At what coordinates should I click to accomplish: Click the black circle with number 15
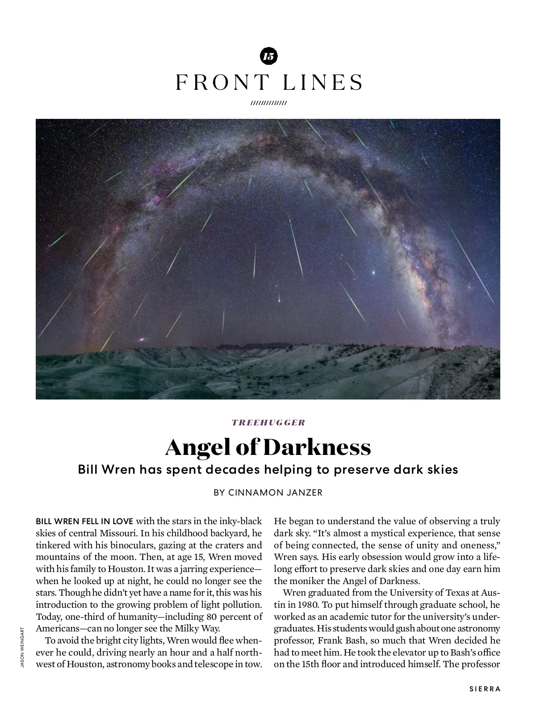(268, 56)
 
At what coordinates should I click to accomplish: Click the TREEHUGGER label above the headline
(268, 422)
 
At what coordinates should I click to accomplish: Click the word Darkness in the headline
(317, 447)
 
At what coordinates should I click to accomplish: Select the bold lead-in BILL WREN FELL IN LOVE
(84, 522)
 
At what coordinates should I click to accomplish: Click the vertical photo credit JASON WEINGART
(21, 648)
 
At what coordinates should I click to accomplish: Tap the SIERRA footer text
(485, 689)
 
